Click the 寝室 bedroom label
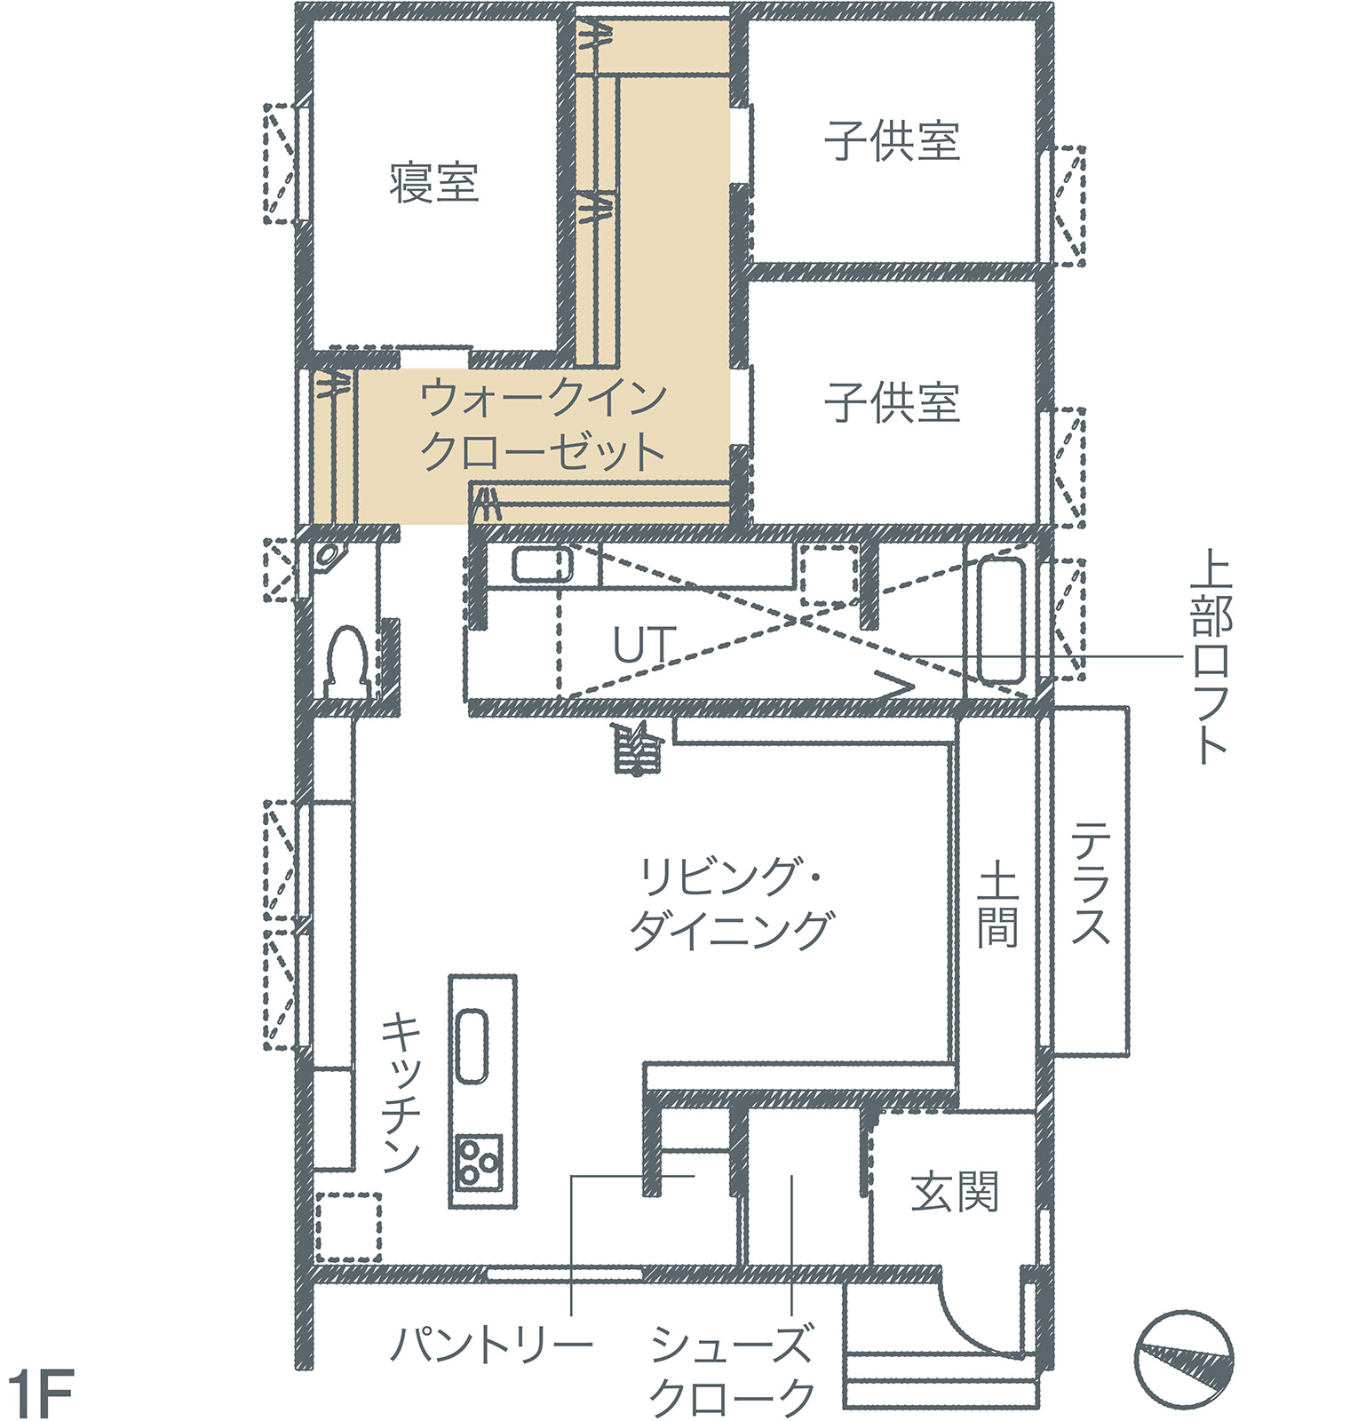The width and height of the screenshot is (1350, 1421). [434, 184]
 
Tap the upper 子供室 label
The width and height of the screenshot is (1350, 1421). [892, 142]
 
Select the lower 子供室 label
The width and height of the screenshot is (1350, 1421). [892, 402]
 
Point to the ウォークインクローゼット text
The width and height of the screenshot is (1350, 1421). [543, 425]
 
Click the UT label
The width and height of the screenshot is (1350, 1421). [644, 645]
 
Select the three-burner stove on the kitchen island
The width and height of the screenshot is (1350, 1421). [480, 1163]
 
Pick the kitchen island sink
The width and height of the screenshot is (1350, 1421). [472, 1045]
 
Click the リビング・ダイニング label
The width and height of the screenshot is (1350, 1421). [731, 904]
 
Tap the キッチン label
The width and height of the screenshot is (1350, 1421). [401, 1093]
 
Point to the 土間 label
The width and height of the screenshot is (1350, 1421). [997, 907]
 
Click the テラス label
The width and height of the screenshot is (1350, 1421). [1090, 883]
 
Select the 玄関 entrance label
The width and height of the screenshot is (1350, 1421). [954, 1191]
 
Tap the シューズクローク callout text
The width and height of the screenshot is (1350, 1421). [732, 1370]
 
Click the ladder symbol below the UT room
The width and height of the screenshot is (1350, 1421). [637, 749]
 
